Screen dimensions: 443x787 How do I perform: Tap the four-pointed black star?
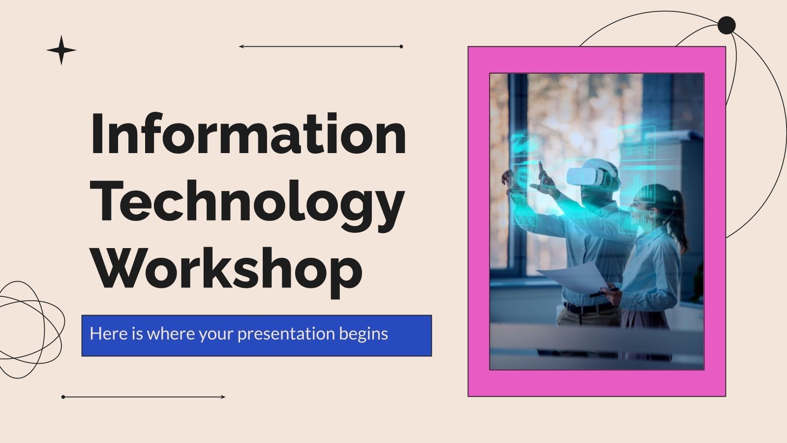pos(61,50)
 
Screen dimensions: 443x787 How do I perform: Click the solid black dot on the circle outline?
pos(726,25)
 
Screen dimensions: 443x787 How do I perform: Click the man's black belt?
pos(588,308)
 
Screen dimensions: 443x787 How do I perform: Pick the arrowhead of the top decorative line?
pos(241,47)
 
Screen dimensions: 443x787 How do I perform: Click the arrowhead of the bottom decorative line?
pos(223,397)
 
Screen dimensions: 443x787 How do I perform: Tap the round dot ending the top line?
pos(401,47)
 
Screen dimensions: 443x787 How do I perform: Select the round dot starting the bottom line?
pos(63,397)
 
